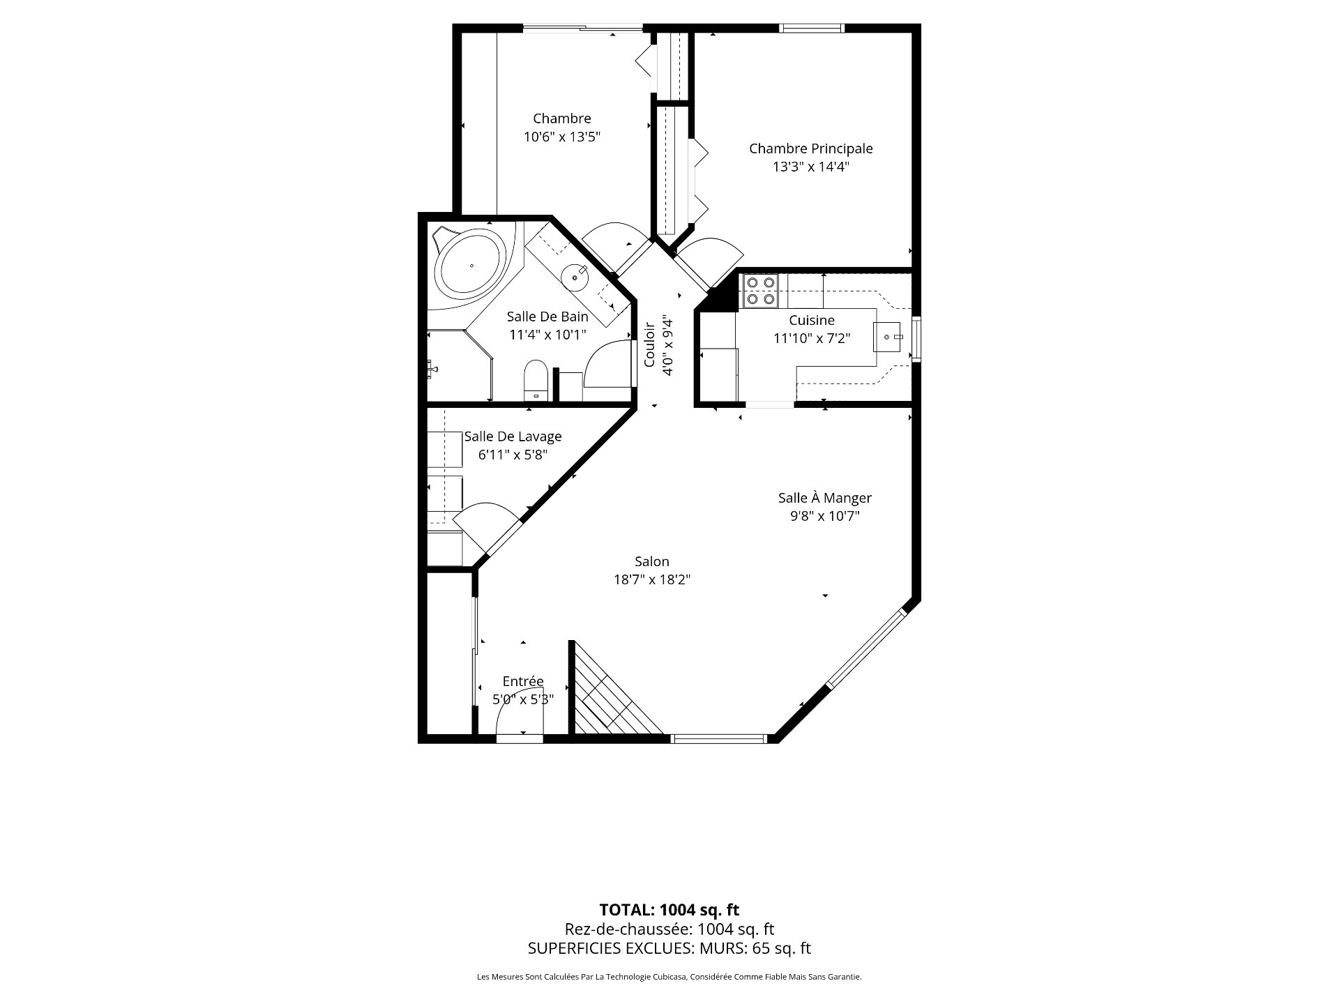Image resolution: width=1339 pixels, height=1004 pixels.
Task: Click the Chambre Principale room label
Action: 810,149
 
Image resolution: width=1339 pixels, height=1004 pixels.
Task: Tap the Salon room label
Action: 652,561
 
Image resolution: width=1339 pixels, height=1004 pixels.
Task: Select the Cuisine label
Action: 812,320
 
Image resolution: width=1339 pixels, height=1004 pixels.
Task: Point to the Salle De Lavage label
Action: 513,436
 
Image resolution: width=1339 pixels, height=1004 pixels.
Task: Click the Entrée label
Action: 523,681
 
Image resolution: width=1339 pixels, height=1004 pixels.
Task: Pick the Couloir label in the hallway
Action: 649,344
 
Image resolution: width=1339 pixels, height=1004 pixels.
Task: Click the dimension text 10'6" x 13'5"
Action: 562,137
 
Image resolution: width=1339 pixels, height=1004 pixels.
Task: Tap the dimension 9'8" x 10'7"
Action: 825,516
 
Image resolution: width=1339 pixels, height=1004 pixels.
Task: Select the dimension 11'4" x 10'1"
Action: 548,335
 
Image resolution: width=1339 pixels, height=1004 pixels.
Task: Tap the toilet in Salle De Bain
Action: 536,380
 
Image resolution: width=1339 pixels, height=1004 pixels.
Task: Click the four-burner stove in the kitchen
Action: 761,291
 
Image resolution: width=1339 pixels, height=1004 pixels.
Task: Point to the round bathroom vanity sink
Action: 576,277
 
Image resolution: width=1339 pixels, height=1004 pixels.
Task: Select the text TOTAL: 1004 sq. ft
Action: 669,910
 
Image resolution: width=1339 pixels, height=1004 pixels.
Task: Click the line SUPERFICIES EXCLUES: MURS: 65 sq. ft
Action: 669,948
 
